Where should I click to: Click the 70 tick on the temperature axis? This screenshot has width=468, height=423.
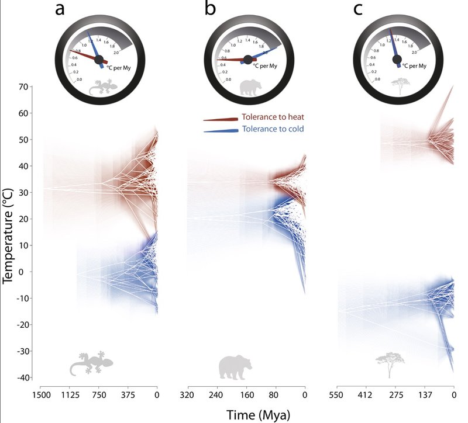click(23, 87)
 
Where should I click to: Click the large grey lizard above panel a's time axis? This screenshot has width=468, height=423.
click(91, 363)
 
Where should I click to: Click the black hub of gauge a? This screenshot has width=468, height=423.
click(99, 58)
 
